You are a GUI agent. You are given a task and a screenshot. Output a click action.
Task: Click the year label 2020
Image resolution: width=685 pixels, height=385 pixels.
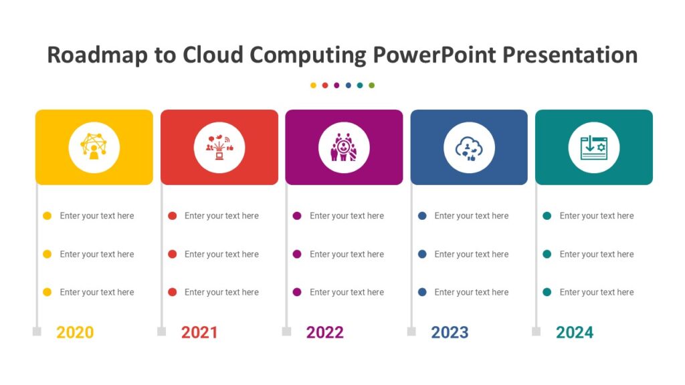(75, 332)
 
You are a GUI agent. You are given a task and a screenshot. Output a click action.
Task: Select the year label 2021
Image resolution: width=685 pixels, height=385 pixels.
(199, 332)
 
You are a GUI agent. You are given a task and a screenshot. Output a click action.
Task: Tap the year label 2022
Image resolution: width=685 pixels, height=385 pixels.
(324, 332)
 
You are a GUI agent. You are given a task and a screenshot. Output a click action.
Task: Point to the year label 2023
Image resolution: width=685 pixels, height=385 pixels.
(450, 332)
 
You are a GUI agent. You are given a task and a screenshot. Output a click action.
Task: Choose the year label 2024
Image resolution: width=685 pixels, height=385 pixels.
(575, 332)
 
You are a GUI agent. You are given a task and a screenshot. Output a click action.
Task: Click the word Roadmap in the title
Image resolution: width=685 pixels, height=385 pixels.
(97, 55)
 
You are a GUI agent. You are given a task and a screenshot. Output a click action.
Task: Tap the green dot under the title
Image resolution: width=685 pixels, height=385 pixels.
(372, 86)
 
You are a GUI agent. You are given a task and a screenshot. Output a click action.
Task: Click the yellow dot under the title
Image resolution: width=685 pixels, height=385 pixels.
(313, 86)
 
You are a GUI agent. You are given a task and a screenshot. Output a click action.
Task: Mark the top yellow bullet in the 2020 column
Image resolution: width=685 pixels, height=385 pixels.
(47, 216)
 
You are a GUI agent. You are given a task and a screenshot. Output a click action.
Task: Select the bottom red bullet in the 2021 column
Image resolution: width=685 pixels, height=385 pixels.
(172, 292)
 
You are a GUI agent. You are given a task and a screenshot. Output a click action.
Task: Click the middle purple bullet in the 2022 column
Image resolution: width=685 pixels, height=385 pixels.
(297, 254)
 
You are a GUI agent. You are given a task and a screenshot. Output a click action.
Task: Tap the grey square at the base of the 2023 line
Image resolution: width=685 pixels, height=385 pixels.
(411, 332)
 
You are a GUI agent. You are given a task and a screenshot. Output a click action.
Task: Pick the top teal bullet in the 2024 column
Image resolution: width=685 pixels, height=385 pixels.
(547, 216)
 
